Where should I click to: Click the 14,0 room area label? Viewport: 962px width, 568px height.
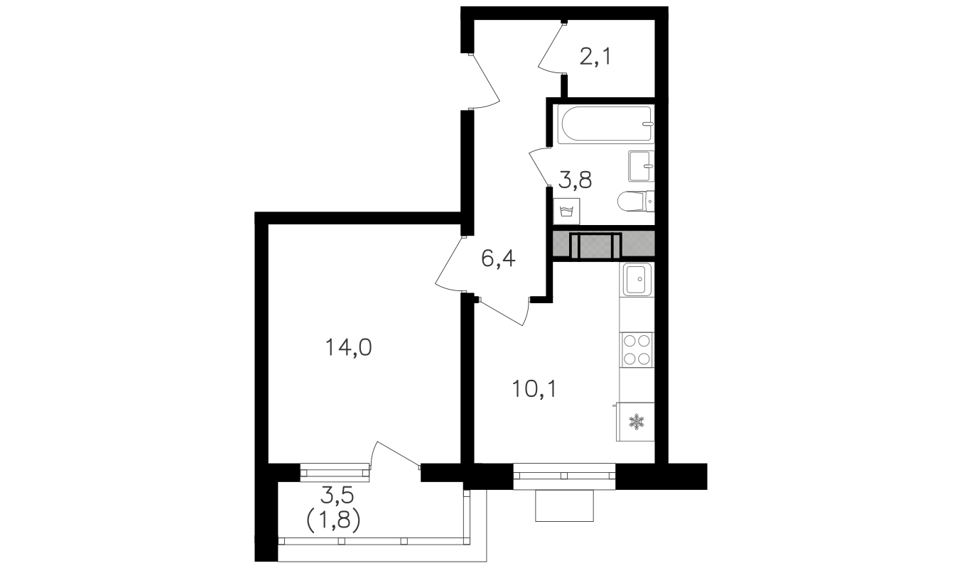[348, 348]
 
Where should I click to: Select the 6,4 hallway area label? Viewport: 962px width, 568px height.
[498, 258]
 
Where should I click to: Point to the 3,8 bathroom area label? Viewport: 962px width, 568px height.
[575, 180]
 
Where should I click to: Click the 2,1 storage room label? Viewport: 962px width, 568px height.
[595, 57]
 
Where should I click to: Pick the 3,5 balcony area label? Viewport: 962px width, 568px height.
[337, 496]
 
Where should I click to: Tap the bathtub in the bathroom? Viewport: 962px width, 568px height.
[605, 124]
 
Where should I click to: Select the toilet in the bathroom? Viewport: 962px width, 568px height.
[636, 202]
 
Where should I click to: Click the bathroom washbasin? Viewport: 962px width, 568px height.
[641, 166]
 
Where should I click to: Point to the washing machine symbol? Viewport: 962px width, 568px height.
[566, 212]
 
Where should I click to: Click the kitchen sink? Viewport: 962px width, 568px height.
[637, 279]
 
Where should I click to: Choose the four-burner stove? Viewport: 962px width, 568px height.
[637, 349]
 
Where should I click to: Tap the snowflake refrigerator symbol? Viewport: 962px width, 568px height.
[635, 422]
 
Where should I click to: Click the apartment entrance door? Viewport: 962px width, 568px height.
[485, 82]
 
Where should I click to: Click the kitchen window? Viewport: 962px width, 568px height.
[564, 476]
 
